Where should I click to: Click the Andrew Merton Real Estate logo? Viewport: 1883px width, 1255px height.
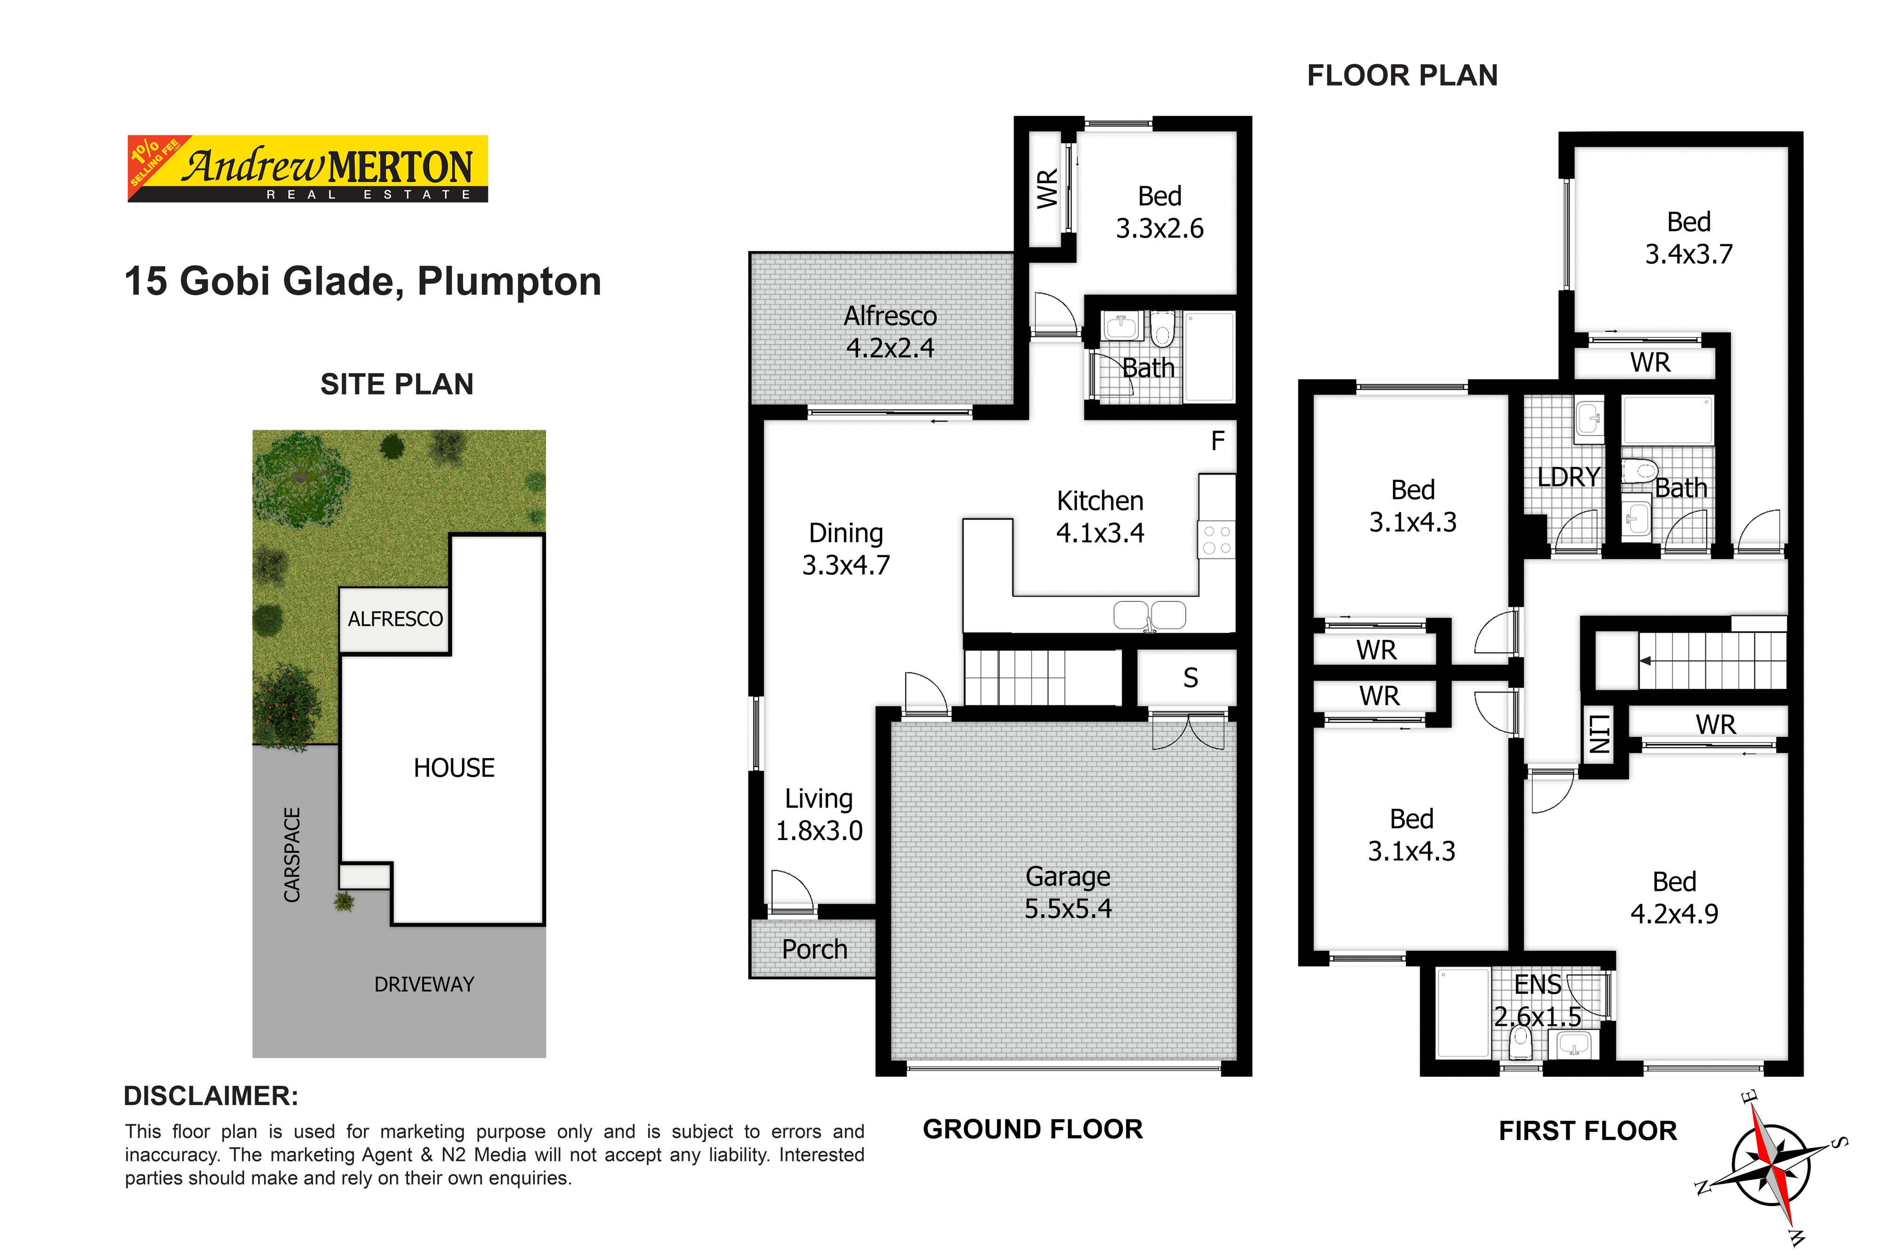click(x=307, y=168)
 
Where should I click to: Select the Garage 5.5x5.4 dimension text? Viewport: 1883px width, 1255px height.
click(x=1068, y=892)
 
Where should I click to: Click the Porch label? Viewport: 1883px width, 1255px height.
click(x=814, y=949)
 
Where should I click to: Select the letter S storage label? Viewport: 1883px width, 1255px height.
click(x=1191, y=678)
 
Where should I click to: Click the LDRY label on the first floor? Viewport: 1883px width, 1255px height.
click(x=1569, y=477)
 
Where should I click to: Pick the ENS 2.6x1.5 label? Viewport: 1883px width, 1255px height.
click(x=1537, y=1000)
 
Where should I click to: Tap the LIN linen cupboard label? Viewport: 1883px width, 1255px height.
click(x=1598, y=734)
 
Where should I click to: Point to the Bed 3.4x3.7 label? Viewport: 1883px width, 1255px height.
click(x=1689, y=238)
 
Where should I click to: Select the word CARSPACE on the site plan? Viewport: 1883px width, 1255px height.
click(x=292, y=855)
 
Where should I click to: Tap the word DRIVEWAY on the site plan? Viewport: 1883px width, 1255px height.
click(x=424, y=984)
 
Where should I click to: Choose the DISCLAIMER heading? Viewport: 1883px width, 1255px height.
click(x=211, y=1096)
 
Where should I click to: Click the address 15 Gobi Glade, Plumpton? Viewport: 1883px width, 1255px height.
click(x=362, y=282)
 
